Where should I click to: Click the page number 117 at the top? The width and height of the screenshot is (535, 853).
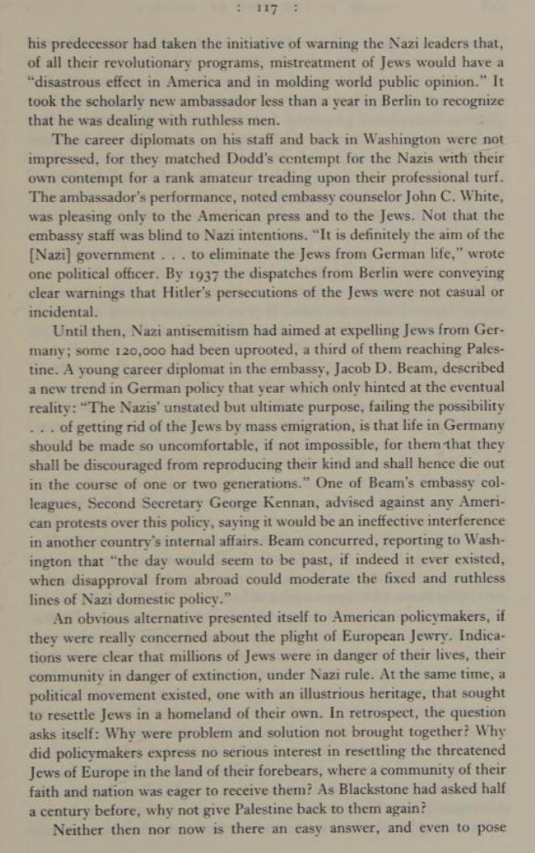coord(266,9)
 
